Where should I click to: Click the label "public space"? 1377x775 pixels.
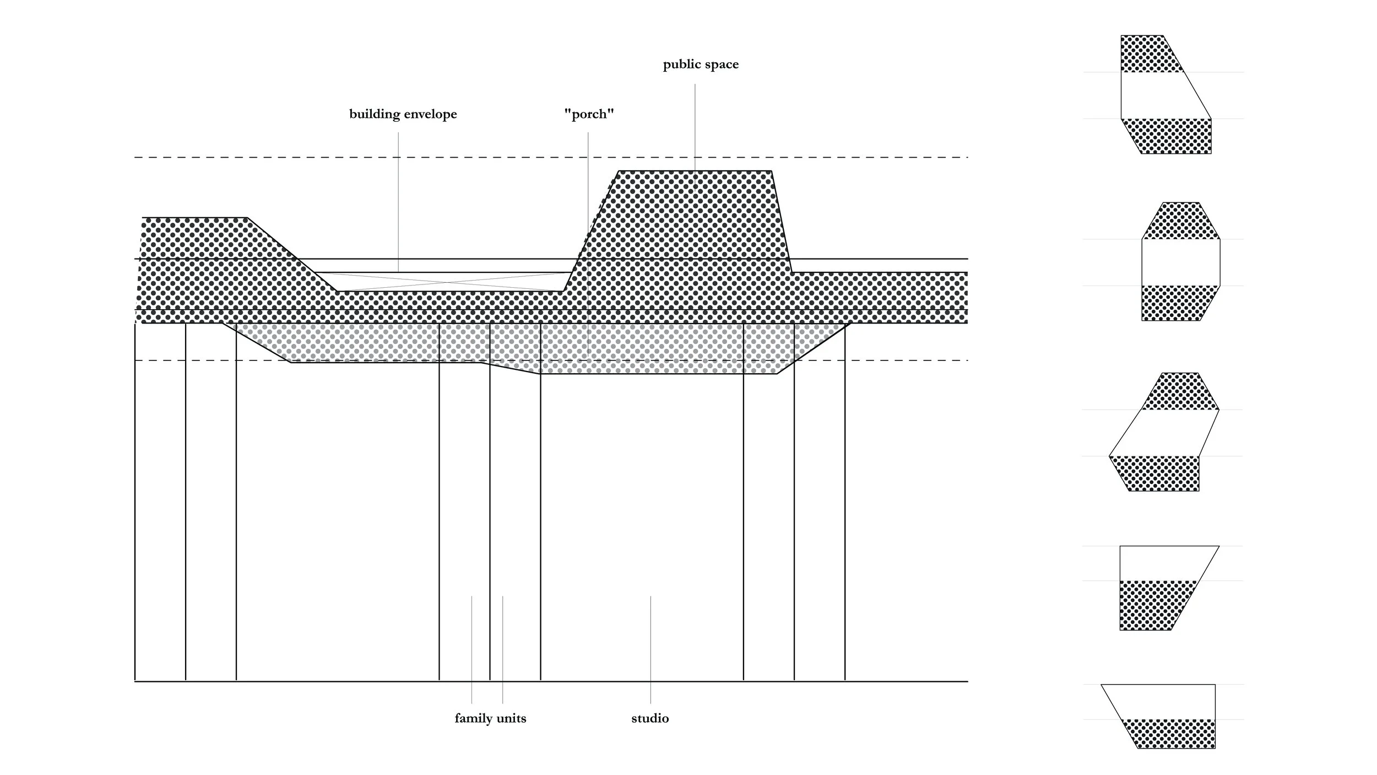(701, 64)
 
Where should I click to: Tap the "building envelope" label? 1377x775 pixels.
(403, 114)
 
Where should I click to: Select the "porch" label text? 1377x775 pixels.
(589, 114)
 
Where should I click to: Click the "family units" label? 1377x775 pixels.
(490, 718)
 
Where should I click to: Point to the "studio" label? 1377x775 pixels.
(650, 718)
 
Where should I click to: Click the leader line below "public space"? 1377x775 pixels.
(695, 127)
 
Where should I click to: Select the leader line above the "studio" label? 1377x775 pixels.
(650, 650)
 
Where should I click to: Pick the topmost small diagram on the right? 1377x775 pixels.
(1166, 94)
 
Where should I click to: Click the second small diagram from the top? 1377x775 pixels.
(1181, 261)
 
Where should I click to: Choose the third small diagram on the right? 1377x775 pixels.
(1164, 432)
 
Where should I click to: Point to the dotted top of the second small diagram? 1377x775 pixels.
(1181, 221)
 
